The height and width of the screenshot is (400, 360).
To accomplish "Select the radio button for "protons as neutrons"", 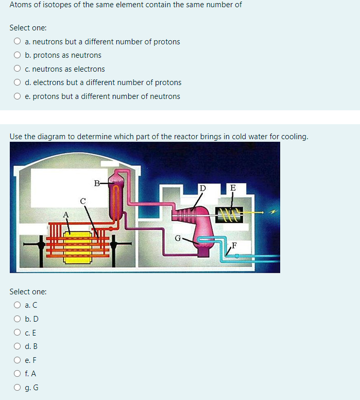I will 18,55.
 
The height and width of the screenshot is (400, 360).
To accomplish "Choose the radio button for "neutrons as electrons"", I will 18,69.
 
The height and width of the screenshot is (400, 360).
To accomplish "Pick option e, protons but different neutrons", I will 18,96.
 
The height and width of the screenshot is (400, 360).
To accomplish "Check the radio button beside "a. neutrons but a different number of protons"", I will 18,42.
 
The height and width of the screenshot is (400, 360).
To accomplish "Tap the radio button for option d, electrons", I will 18,82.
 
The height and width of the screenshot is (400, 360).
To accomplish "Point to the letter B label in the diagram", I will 97,182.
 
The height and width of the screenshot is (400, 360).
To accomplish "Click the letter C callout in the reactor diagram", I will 83,200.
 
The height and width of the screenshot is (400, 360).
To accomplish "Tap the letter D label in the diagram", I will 202,188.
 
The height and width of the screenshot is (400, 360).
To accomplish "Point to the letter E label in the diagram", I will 233,188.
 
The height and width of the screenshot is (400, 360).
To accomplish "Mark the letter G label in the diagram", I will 178,238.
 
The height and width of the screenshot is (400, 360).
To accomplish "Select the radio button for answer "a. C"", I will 18,305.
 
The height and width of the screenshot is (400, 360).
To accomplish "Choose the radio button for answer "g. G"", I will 18,388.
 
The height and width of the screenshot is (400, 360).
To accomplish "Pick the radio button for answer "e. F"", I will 18,360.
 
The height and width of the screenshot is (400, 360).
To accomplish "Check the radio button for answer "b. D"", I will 18,319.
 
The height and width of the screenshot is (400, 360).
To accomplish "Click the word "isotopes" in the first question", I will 56,5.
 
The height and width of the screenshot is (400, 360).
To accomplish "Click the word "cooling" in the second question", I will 294,137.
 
